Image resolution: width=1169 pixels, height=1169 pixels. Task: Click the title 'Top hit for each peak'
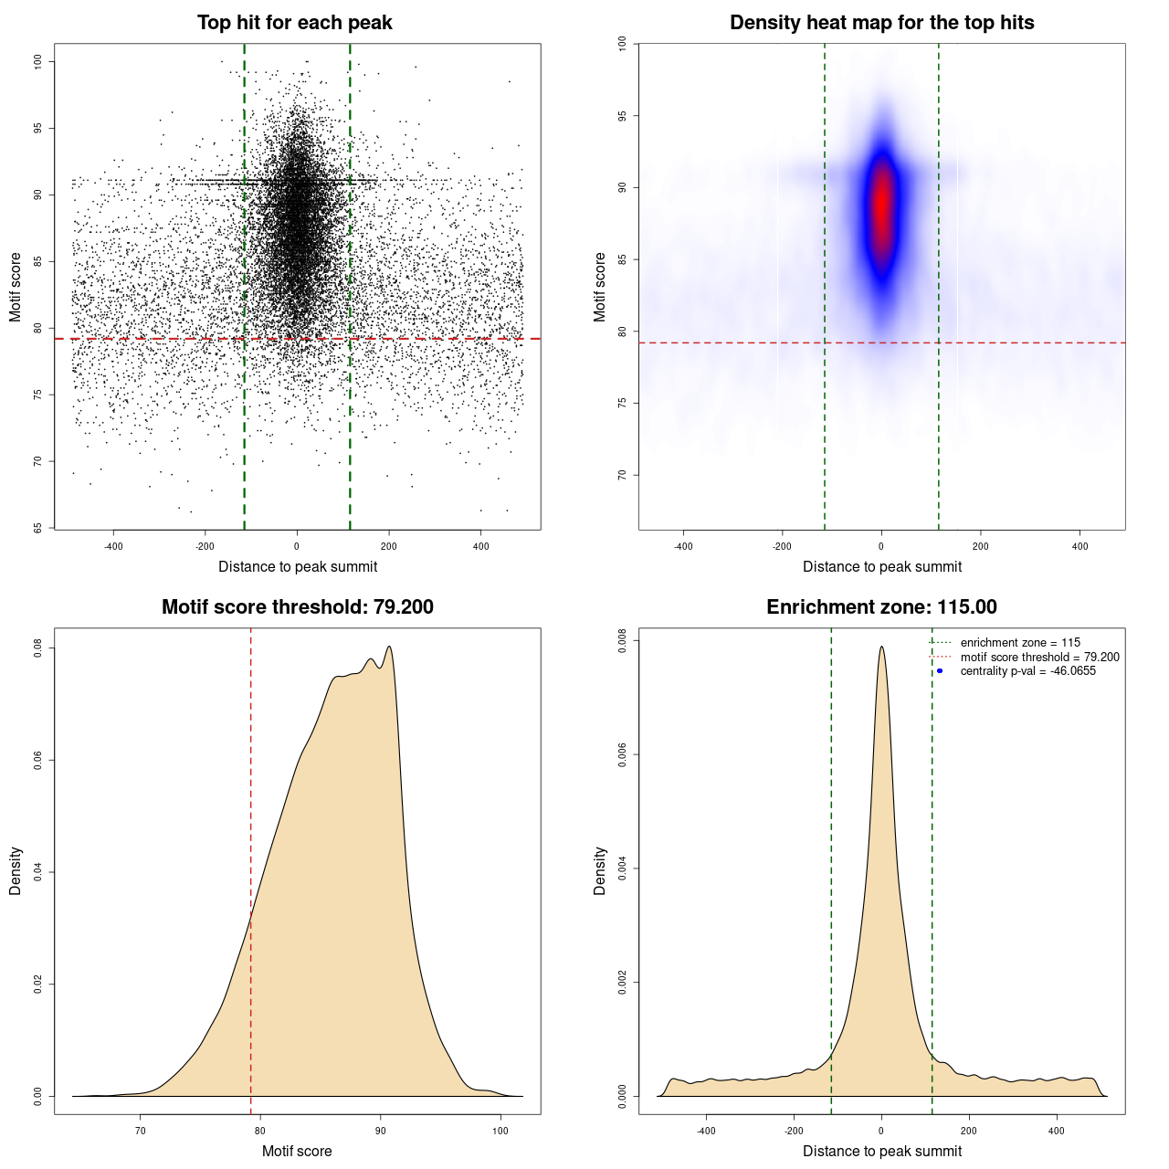(x=294, y=23)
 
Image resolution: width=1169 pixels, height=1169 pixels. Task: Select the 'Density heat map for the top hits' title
(x=881, y=23)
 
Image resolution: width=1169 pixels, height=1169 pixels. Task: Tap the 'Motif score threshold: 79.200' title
(x=297, y=607)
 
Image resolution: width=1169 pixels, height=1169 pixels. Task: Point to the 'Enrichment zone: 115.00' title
(x=881, y=607)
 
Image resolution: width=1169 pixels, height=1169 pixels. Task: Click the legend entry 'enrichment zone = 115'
(x=1019, y=643)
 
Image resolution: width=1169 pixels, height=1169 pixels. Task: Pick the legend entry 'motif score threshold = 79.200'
(x=1039, y=657)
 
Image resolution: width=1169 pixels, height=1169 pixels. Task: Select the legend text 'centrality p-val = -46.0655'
(x=1027, y=671)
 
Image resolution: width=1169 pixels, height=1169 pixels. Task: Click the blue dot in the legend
(x=940, y=671)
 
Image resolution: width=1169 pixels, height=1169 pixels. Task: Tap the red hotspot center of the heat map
(x=881, y=205)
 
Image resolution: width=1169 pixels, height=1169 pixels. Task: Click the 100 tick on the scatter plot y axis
(x=38, y=61)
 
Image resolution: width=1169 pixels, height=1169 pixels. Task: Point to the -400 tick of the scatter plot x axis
(x=113, y=546)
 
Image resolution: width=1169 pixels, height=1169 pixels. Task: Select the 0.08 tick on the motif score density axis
(x=38, y=648)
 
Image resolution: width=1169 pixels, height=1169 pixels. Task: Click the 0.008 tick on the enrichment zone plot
(x=623, y=641)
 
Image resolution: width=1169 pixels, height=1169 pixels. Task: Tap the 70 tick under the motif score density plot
(x=140, y=1131)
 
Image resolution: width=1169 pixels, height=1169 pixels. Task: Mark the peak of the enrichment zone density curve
(x=881, y=647)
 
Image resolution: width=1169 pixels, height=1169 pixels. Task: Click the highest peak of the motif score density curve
(x=390, y=647)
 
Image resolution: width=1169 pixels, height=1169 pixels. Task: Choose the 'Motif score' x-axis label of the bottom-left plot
(x=297, y=1151)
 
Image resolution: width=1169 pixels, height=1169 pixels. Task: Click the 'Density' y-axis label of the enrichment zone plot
(x=600, y=870)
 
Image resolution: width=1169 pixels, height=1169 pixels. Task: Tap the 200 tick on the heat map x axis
(x=980, y=546)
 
